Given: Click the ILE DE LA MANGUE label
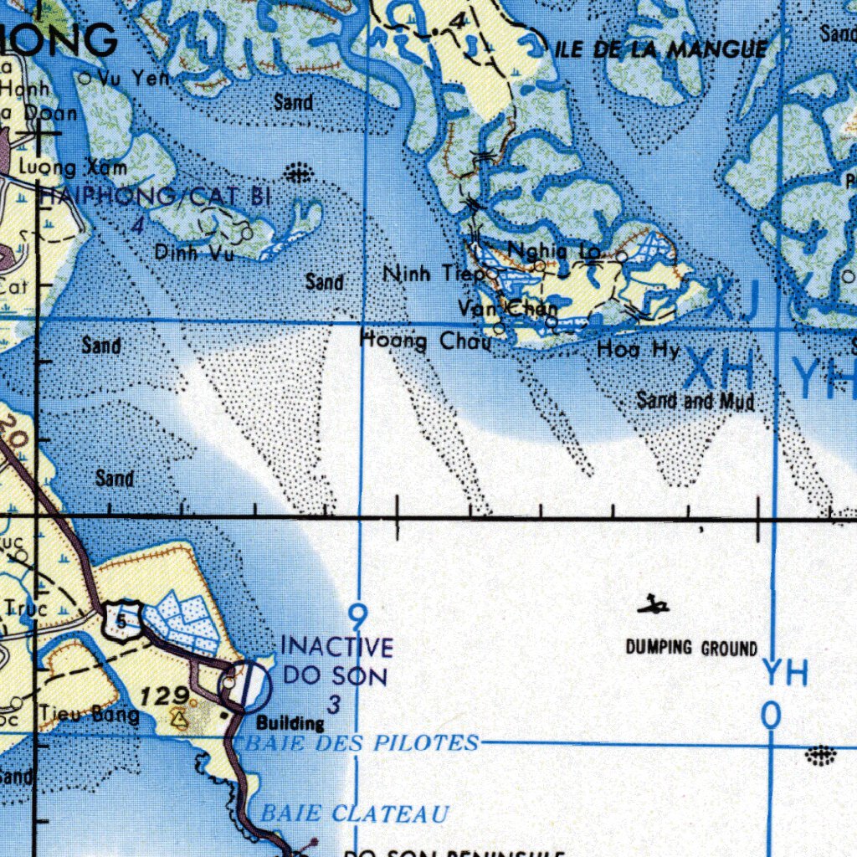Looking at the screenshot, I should click(x=661, y=49).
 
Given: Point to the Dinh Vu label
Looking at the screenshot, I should click(x=194, y=251).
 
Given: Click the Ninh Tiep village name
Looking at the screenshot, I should click(x=433, y=274).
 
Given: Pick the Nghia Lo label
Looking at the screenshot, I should click(x=554, y=249).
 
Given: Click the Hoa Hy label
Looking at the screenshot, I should click(x=638, y=350).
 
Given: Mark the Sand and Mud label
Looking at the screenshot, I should click(x=695, y=401).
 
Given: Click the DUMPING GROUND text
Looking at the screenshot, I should click(x=691, y=648).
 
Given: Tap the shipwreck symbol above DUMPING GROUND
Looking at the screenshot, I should click(x=653, y=604).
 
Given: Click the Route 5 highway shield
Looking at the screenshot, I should click(x=121, y=621).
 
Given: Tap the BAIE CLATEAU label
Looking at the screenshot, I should click(x=355, y=813).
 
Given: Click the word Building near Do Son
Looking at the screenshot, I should click(x=290, y=723).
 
